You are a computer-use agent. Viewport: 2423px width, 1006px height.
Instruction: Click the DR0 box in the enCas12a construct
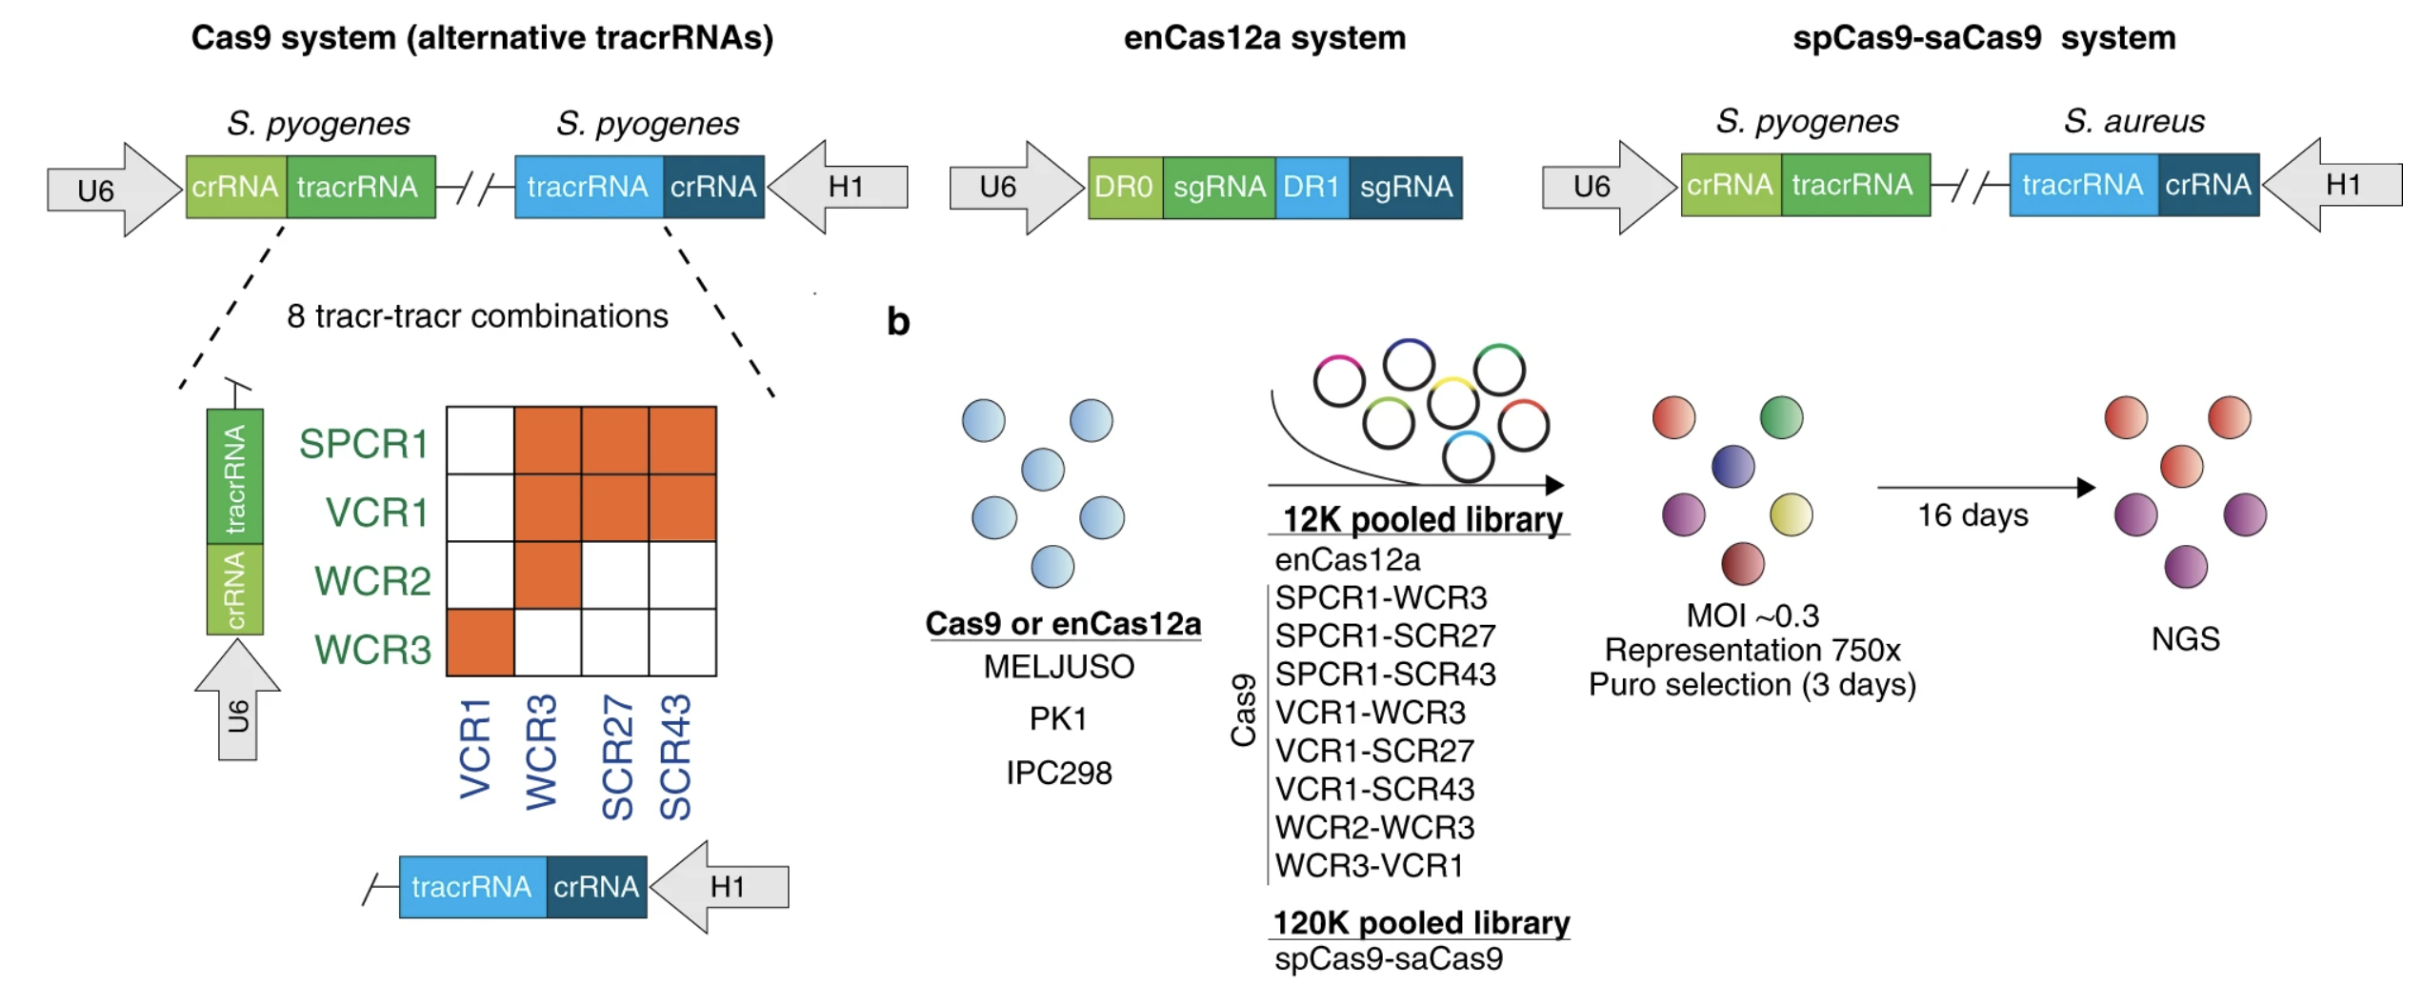[x=1124, y=187]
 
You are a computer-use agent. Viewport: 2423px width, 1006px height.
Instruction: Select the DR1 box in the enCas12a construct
[x=1312, y=187]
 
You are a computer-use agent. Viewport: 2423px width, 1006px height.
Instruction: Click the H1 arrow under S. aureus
[x=2335, y=185]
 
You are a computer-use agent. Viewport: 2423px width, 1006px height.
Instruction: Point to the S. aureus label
[x=2133, y=121]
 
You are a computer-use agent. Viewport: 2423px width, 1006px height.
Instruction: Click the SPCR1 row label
[x=363, y=444]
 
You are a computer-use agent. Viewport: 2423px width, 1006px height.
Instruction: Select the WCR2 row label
[x=372, y=580]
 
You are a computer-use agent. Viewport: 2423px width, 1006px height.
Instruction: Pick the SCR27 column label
[x=617, y=756]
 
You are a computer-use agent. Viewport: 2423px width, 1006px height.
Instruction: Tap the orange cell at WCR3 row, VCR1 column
[x=480, y=643]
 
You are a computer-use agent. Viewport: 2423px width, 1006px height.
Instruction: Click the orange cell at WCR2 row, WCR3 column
[x=548, y=575]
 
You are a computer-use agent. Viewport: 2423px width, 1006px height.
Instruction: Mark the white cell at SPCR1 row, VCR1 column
[x=480, y=440]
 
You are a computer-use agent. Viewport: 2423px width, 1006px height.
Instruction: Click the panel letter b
[x=898, y=321]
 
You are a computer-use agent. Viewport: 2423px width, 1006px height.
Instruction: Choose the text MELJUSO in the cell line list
[x=1058, y=666]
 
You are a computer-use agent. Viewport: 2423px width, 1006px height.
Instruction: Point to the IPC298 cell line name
[x=1058, y=772]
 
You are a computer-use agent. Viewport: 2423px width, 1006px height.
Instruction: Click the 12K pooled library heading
[x=1422, y=519]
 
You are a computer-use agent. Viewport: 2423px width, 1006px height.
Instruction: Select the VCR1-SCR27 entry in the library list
[x=1374, y=751]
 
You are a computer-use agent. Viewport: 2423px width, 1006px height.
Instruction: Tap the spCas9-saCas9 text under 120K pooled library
[x=1388, y=957]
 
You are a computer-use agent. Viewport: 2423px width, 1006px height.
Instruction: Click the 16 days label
[x=1972, y=515]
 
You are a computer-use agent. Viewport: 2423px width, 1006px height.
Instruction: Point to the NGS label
[x=2185, y=638]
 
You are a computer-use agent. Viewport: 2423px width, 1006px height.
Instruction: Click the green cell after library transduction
[x=1781, y=417]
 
